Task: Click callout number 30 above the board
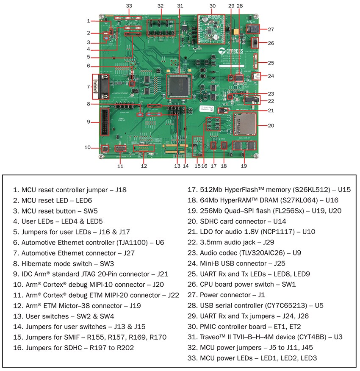tap(213, 6)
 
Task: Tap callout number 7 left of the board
tap(88, 87)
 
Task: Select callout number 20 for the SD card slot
tap(271, 125)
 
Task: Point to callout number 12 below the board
tap(144, 166)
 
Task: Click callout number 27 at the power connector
tap(271, 29)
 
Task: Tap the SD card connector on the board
tap(245, 124)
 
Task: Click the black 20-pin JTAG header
tap(103, 122)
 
